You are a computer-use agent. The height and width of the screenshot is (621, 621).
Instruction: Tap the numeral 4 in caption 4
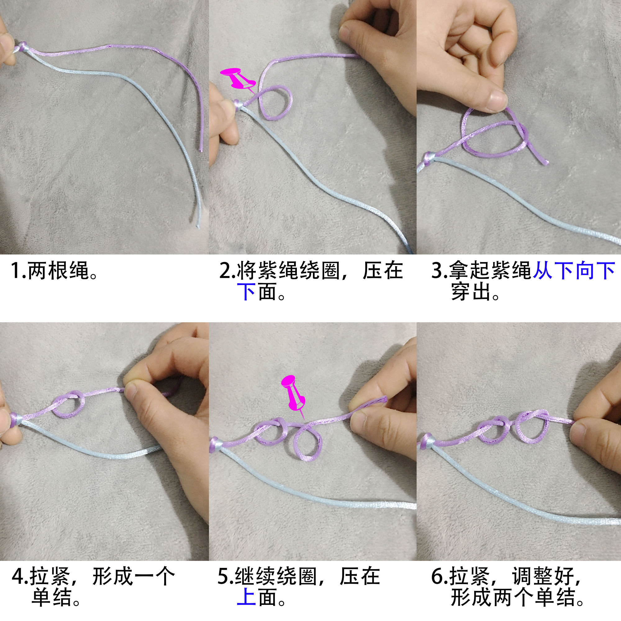18,576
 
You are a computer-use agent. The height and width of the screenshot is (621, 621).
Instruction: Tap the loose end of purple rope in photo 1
201,148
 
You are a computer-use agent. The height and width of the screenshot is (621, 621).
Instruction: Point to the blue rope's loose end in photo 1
198,225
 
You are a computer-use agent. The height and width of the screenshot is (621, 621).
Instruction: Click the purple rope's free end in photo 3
545,162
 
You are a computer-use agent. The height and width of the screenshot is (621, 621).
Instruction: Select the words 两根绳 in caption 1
58,271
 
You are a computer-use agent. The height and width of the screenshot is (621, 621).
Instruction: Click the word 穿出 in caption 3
471,292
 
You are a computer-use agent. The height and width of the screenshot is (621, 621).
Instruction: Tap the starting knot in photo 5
216,444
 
